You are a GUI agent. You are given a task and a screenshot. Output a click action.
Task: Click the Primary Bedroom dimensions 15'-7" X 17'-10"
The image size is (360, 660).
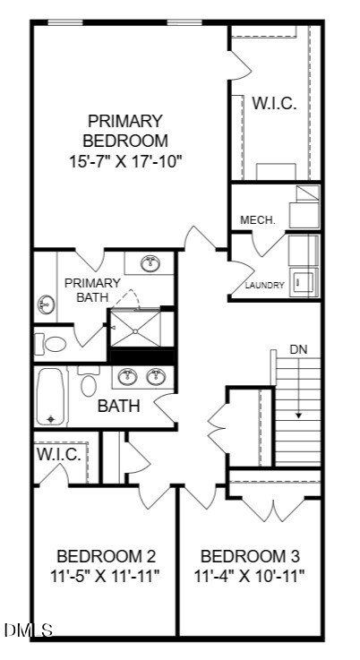tap(128, 161)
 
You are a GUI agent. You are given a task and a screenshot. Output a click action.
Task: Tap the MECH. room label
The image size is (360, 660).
tap(258, 219)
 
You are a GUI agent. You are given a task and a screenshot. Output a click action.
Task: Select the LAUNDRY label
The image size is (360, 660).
tap(265, 285)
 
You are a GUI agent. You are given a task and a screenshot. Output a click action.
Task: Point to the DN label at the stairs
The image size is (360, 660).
tap(298, 349)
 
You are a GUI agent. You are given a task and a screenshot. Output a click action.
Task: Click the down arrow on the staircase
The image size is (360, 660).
tap(298, 388)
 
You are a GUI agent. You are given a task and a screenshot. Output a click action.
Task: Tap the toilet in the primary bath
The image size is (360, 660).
tap(50, 344)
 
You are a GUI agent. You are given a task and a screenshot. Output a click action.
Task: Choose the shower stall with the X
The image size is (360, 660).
tap(135, 329)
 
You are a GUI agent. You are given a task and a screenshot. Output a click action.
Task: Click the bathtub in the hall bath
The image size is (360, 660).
tap(51, 397)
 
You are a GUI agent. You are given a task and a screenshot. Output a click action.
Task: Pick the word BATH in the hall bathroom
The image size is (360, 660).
tap(119, 407)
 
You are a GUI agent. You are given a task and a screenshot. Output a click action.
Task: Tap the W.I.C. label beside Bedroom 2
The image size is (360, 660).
tap(59, 454)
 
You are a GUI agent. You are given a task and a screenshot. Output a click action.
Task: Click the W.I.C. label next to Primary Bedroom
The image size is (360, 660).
tap(274, 103)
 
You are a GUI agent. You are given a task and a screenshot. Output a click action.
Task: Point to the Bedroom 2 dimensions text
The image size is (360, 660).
tap(106, 575)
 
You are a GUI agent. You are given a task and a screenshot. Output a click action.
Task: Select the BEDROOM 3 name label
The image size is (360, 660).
tap(250, 556)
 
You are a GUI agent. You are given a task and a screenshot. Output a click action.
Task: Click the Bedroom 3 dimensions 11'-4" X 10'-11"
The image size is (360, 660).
tap(249, 575)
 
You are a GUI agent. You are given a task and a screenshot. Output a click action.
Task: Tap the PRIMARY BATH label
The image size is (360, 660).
tap(92, 289)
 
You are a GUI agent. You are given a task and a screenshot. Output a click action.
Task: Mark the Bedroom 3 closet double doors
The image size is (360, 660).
tap(274, 510)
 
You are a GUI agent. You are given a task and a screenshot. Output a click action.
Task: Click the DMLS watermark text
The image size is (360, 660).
tap(29, 630)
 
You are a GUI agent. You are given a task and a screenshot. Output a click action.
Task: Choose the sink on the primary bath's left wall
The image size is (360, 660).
tap(46, 303)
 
